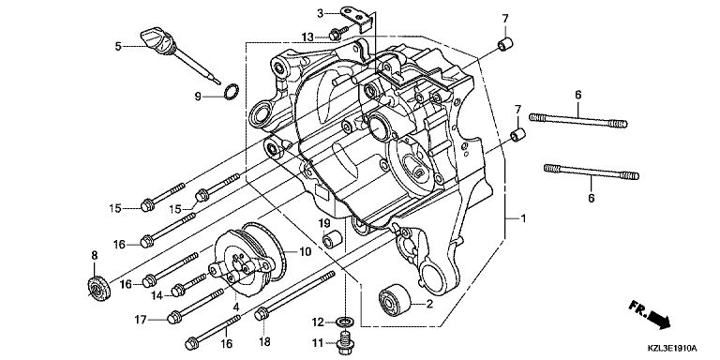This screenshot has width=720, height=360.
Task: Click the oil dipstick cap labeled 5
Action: click(x=157, y=41)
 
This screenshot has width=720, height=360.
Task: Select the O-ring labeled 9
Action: click(x=232, y=92)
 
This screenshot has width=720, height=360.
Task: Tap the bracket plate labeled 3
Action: click(x=357, y=19)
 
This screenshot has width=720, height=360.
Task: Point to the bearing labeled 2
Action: click(x=395, y=300)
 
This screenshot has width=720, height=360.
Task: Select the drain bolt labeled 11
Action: click(x=346, y=343)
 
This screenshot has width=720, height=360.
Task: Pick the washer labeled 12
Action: click(x=345, y=320)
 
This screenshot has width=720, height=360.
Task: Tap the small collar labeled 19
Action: click(x=332, y=240)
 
